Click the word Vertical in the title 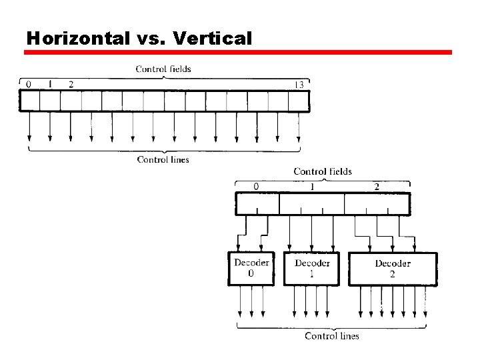click(212, 38)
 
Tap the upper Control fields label click(163, 69)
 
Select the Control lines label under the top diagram click(163, 159)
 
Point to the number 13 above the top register click(299, 85)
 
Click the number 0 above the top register click(27, 84)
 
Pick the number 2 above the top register click(71, 84)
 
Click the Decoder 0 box click(251, 269)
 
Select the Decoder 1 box click(311, 269)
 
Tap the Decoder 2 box click(393, 269)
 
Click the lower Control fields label click(323, 171)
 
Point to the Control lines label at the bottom click(331, 336)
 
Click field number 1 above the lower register click(312, 186)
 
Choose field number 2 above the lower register click(377, 186)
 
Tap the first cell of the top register click(30, 101)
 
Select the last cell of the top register click(299, 101)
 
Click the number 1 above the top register click(49, 84)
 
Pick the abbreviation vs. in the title click(151, 38)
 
